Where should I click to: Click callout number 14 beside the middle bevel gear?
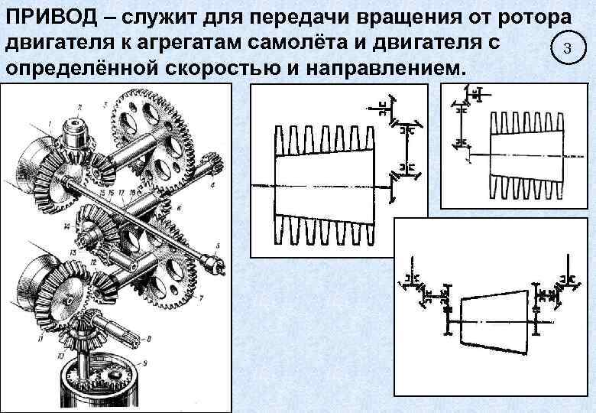click(69, 227)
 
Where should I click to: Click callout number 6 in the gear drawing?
click(177, 207)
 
